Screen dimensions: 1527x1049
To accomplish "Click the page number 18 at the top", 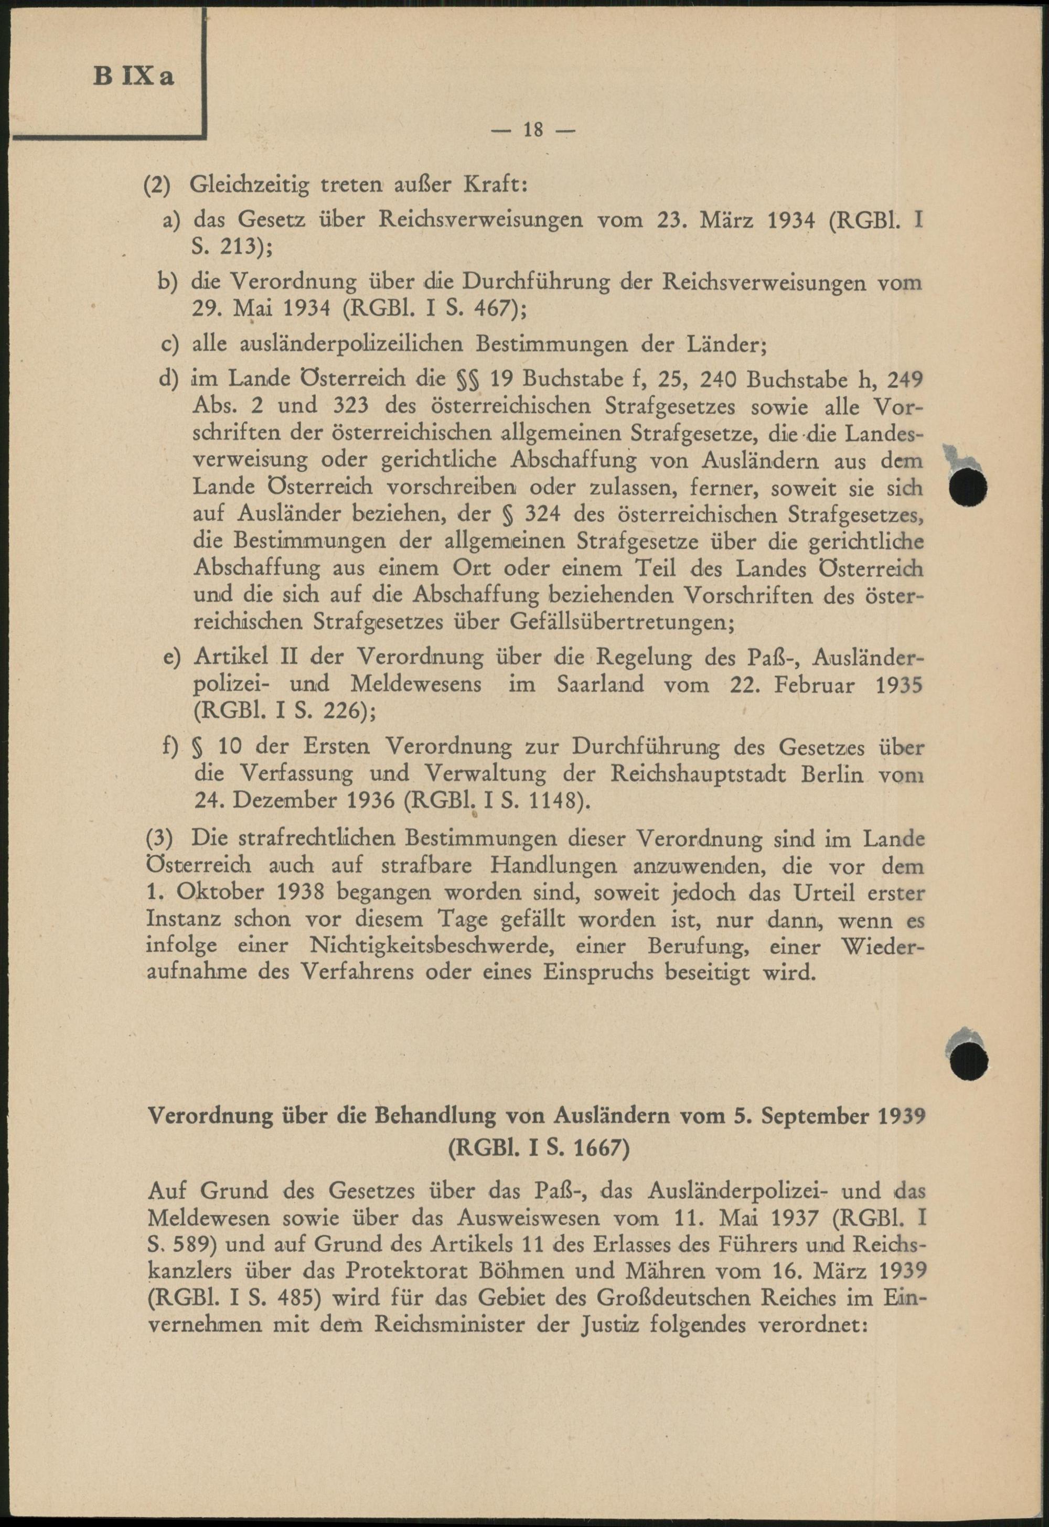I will coord(532,130).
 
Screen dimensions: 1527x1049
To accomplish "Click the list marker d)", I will coord(169,380).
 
